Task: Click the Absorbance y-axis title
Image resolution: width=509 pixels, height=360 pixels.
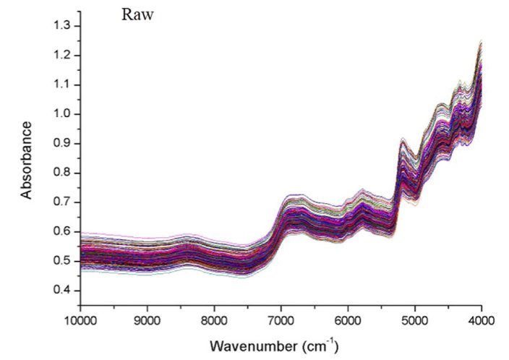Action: click(x=27, y=160)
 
